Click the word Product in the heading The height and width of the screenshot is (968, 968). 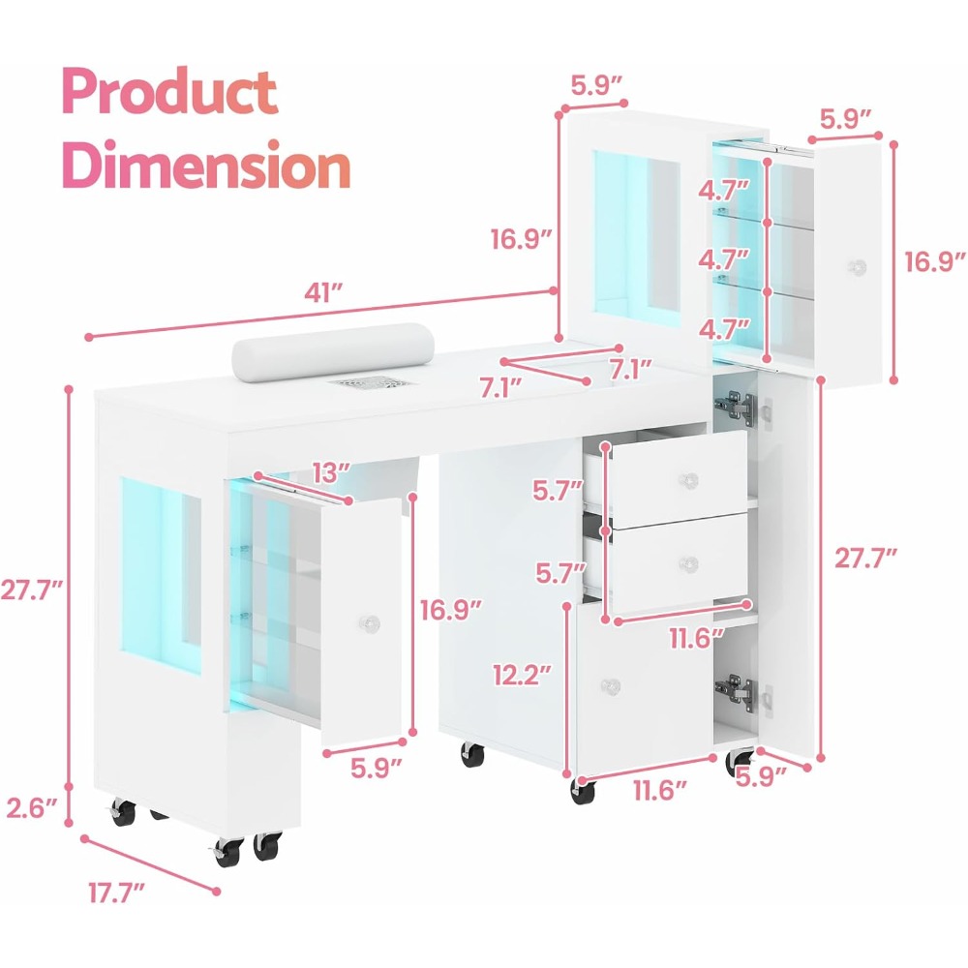click(x=169, y=92)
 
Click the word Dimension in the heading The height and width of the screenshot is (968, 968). click(x=206, y=165)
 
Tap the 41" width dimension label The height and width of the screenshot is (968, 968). click(x=323, y=293)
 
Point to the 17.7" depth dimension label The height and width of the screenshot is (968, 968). click(x=116, y=893)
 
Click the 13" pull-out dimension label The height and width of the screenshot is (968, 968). click(x=331, y=473)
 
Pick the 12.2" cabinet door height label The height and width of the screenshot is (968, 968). click(x=521, y=675)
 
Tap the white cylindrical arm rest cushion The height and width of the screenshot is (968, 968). click(x=333, y=348)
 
